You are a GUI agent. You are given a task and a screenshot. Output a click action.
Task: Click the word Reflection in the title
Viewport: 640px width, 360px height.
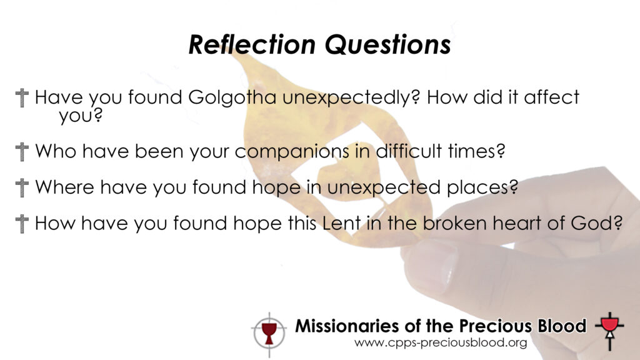[252, 44]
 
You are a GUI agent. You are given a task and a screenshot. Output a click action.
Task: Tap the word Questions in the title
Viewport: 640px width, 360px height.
[387, 44]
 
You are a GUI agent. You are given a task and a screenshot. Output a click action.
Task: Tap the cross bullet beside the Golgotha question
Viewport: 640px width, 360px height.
[22, 98]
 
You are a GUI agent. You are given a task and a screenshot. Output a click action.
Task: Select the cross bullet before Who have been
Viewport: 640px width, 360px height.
[22, 152]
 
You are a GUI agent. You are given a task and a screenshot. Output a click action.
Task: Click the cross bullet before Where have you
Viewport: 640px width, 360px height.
[22, 187]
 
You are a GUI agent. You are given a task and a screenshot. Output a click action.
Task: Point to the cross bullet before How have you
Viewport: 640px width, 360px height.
[22, 224]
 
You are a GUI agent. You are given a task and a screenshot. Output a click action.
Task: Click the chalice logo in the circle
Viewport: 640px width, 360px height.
[269, 334]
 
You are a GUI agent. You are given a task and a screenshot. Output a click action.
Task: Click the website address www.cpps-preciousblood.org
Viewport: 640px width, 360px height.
[441, 343]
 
